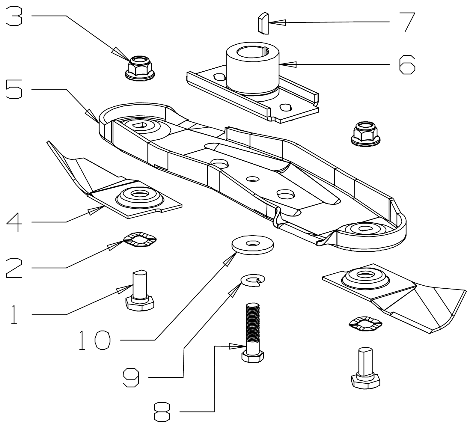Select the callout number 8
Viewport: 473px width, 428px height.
pyautogui.click(x=162, y=412)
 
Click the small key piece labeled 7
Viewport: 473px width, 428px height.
pyautogui.click(x=263, y=22)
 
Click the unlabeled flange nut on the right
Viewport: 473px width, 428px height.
pyautogui.click(x=365, y=133)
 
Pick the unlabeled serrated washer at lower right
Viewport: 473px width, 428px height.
pyautogui.click(x=366, y=323)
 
